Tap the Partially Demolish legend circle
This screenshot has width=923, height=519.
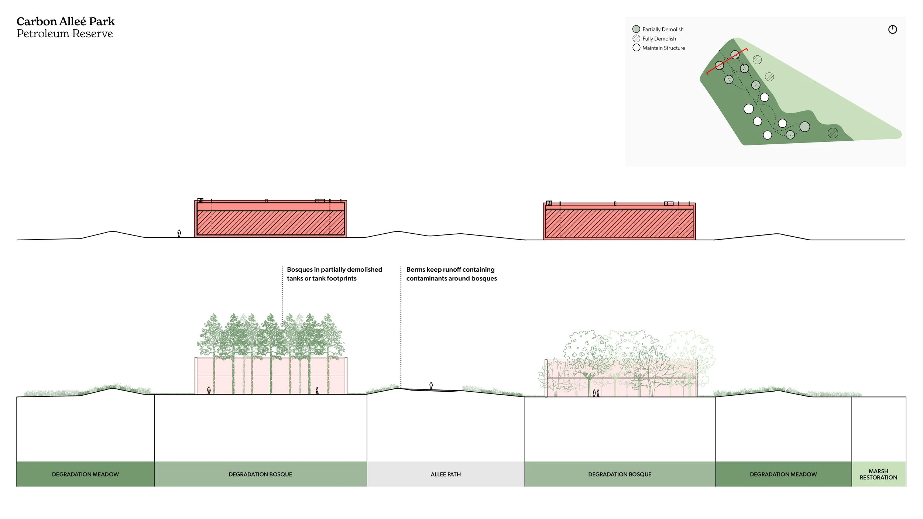636,29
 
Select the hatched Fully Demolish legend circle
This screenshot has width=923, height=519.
636,38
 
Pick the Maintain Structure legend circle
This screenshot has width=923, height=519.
636,48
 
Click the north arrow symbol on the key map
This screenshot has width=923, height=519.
892,30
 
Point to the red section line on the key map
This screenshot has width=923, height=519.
727,61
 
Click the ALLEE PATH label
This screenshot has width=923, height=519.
446,474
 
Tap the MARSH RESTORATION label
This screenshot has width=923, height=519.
878,474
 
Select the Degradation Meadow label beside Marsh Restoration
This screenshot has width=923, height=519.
783,474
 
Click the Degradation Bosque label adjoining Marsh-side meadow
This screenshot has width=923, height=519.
620,474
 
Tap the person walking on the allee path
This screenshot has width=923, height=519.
431,386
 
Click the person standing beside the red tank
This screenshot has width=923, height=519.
179,233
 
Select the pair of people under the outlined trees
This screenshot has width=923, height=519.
596,393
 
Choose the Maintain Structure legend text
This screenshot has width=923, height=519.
663,48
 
